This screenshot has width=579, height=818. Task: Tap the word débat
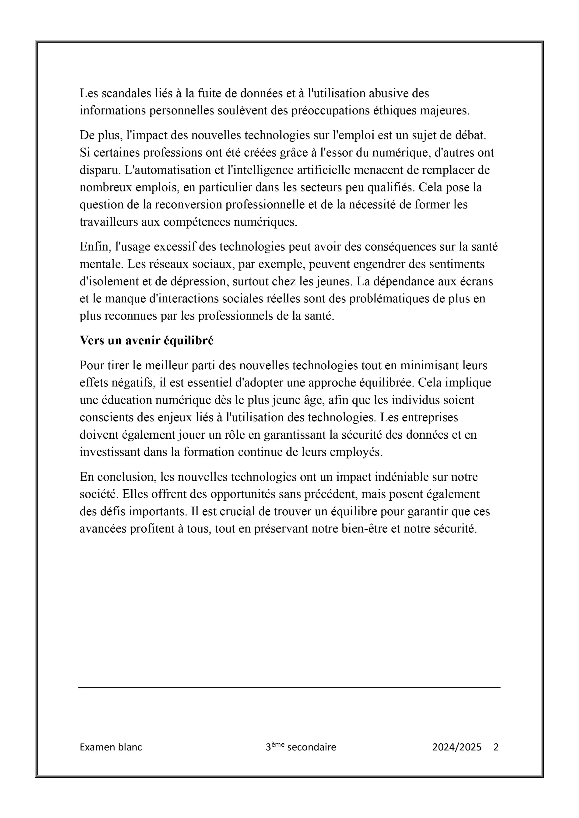pyautogui.click(x=471, y=135)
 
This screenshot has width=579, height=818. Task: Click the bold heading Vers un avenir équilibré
pyautogui.click(x=147, y=341)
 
